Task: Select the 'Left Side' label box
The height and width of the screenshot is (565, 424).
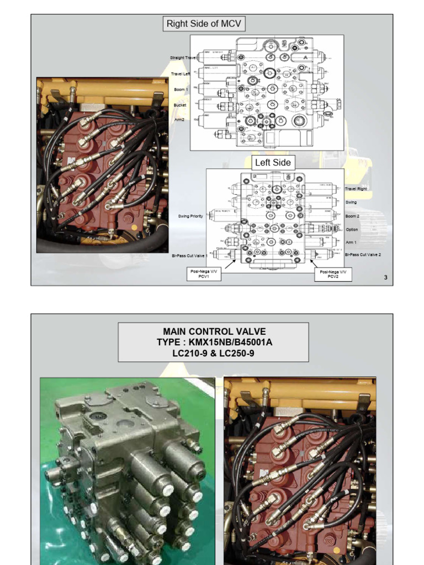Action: point(272,162)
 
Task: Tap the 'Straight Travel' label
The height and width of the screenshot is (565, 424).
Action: point(183,57)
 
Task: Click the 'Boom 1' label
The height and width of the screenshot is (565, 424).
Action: point(180,89)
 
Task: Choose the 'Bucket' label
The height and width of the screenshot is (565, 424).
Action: point(180,105)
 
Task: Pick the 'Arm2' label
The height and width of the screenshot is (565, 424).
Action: point(180,119)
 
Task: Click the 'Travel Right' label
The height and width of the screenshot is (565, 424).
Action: point(356,189)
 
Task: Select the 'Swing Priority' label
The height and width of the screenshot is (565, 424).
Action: point(190,216)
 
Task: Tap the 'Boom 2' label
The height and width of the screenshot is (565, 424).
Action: point(352,216)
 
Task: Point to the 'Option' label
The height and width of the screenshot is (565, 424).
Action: point(352,230)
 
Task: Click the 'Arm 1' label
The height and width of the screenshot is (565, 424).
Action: point(351,242)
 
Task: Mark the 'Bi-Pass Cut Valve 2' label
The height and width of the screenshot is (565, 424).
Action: point(363,254)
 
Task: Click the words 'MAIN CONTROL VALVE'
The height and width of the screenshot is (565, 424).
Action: point(214,332)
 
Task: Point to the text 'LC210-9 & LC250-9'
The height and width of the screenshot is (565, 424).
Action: point(213,353)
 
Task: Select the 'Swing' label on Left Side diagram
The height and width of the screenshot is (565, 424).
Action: point(351,202)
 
